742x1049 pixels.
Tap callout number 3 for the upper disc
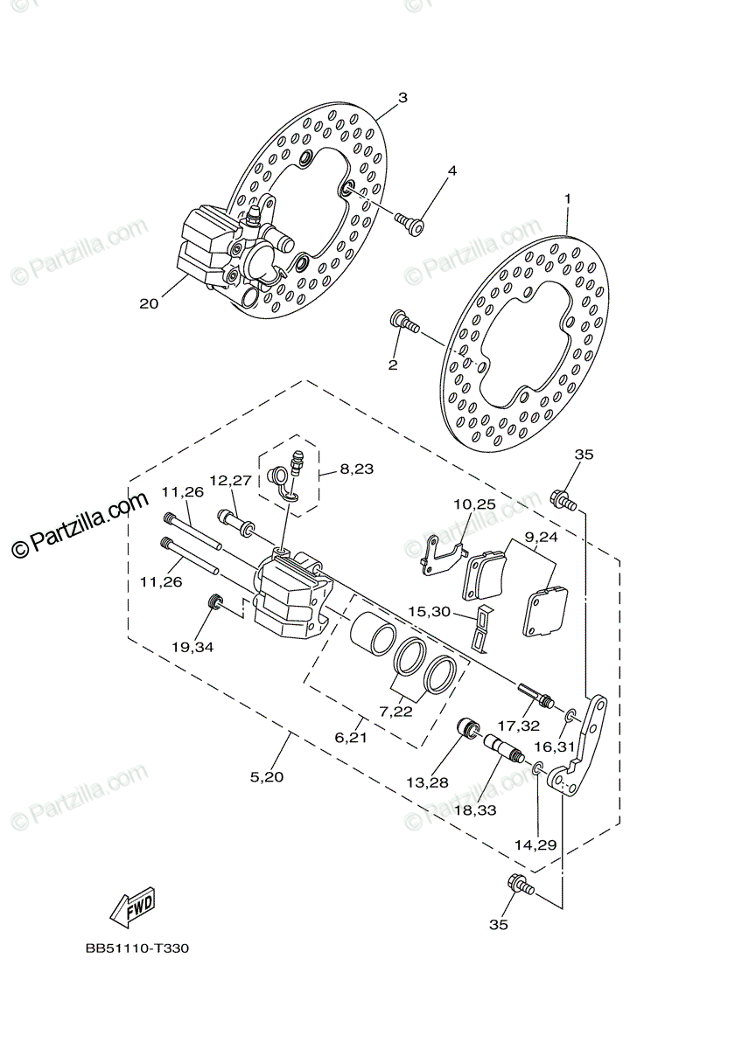402,98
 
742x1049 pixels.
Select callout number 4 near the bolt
452,170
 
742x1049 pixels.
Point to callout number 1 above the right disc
567,199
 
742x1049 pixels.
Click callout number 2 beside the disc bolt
393,364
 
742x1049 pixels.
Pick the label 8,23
357,469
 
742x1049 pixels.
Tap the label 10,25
474,504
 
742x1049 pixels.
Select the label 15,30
429,612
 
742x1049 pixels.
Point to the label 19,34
192,648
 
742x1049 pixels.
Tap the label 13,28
427,781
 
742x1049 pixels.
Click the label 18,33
475,810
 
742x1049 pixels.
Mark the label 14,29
536,845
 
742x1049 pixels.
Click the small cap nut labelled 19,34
214,602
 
